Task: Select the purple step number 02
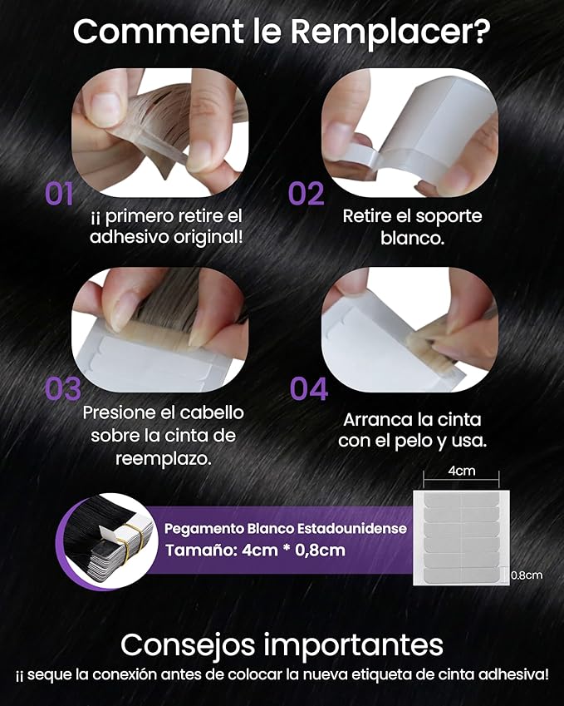point(306,194)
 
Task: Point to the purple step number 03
point(62,389)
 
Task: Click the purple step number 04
point(309,389)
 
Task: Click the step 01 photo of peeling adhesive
point(159,120)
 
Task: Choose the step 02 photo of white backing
point(410,120)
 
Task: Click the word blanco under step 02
point(412,238)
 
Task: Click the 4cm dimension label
point(461,471)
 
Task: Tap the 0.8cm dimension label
point(526,575)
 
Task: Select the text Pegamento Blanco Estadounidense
point(285,529)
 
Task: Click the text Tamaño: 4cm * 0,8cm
point(254,550)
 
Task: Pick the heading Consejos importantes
point(282,644)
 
